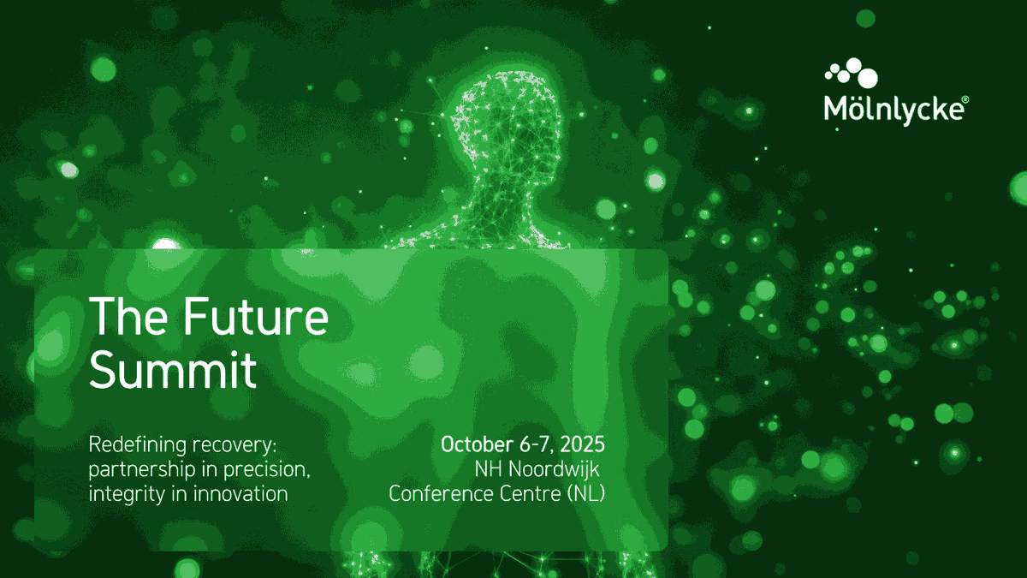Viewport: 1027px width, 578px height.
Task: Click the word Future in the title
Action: coord(256,317)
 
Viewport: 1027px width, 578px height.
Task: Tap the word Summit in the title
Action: coord(172,370)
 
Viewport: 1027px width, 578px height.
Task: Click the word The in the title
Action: coord(128,316)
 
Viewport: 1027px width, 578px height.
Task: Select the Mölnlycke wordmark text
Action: coord(896,110)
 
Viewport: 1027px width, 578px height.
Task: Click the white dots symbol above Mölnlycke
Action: coord(851,73)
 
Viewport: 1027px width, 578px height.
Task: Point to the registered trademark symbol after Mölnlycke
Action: coord(965,99)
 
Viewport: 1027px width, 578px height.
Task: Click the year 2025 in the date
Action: coord(582,444)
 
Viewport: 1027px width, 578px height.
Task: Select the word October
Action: coord(477,444)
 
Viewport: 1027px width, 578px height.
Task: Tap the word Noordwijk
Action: coord(554,469)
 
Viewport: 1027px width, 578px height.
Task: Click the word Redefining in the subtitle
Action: coord(138,444)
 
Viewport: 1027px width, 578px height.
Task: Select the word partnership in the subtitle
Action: coord(142,470)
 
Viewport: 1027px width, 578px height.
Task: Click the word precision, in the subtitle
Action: coord(267,470)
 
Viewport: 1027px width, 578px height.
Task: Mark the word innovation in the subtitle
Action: coord(240,494)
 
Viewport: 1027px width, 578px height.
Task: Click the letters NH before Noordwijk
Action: coord(489,469)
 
